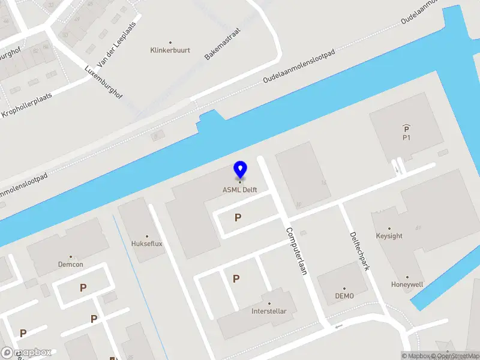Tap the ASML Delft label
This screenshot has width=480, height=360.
click(x=240, y=191)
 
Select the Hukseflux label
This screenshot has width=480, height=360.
click(x=146, y=244)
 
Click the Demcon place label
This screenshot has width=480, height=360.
click(x=70, y=264)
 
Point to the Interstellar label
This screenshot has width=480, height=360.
click(x=269, y=311)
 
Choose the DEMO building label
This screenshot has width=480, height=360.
click(x=344, y=296)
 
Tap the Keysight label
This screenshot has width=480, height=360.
click(x=389, y=236)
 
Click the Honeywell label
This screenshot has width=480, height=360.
click(x=407, y=284)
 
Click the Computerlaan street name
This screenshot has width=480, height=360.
click(x=296, y=250)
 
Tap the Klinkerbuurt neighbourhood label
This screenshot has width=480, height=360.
click(x=170, y=50)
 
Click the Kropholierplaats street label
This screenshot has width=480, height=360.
click(x=26, y=104)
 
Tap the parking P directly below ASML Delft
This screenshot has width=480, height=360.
click(x=238, y=218)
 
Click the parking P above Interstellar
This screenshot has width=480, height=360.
click(x=236, y=278)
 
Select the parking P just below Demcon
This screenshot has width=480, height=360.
click(x=83, y=288)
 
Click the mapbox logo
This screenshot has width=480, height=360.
click(x=26, y=353)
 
